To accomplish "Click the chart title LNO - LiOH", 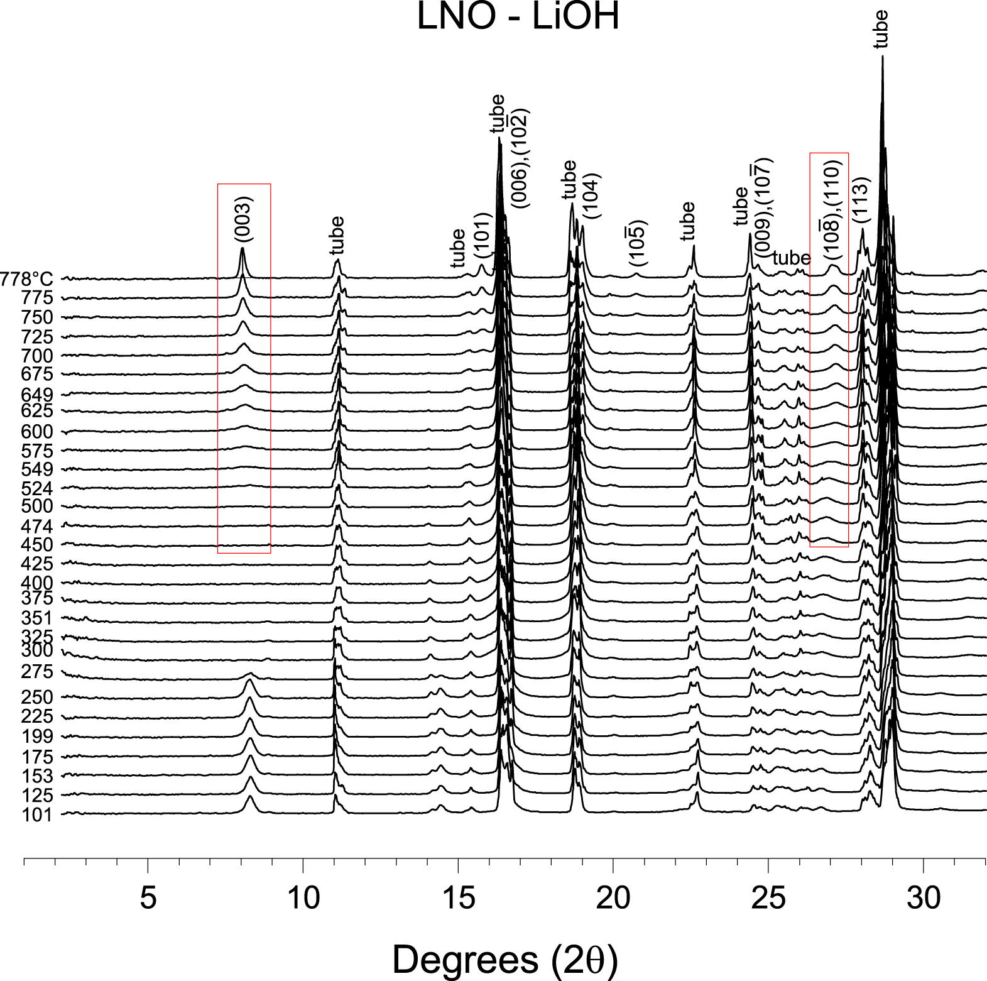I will tap(518, 17).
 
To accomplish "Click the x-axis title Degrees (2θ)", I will tap(505, 958).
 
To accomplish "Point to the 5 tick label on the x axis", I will tap(148, 897).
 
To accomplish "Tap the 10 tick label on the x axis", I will tap(303, 897).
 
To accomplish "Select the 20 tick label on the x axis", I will tap(613, 897).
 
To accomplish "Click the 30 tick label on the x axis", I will tap(924, 897).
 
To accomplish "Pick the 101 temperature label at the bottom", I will tap(38, 815).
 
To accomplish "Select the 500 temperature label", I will tap(38, 507).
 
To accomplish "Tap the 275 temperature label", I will tap(38, 672).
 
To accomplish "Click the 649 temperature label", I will tap(38, 395).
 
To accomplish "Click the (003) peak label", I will tap(243, 219).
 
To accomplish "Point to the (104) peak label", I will tap(592, 195).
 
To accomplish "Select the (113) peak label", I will tap(861, 200).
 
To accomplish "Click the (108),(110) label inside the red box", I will tap(832, 211).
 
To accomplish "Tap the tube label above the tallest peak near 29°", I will tap(881, 29).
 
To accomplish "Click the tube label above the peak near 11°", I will tap(337, 235).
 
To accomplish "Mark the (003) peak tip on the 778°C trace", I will tap(243, 249).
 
